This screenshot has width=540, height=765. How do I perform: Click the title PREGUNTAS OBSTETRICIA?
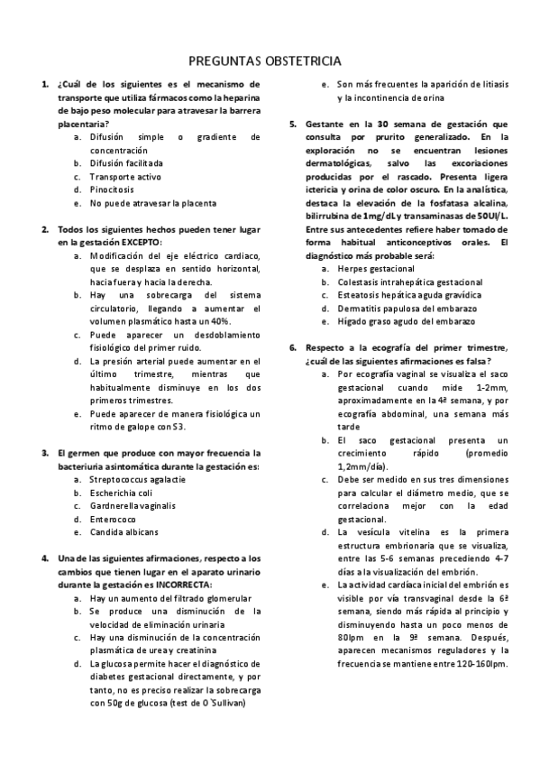coord(264,61)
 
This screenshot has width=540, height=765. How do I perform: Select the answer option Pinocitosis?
coord(112,190)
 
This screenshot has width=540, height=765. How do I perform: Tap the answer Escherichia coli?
coord(121,493)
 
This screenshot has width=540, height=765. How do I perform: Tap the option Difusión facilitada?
coord(126,163)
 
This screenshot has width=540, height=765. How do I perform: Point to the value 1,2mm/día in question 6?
coord(361,465)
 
